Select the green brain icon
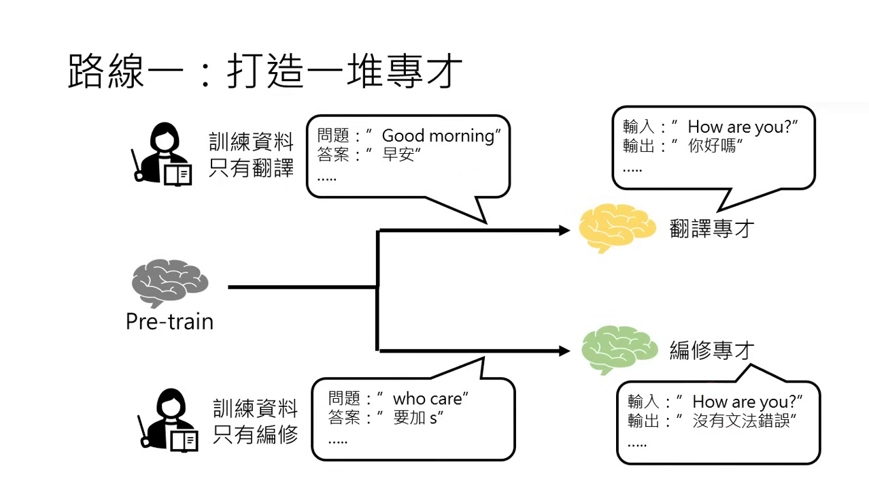[619, 349]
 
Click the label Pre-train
[169, 321]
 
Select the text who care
[428, 398]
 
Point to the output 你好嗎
[712, 146]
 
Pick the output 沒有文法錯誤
[742, 421]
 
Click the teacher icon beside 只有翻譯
[162, 154]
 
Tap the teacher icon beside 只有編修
[167, 419]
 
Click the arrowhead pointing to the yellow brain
[564, 231]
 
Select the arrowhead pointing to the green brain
[564, 351]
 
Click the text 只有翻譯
[252, 167]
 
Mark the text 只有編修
[256, 434]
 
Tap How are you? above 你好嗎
[741, 127]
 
